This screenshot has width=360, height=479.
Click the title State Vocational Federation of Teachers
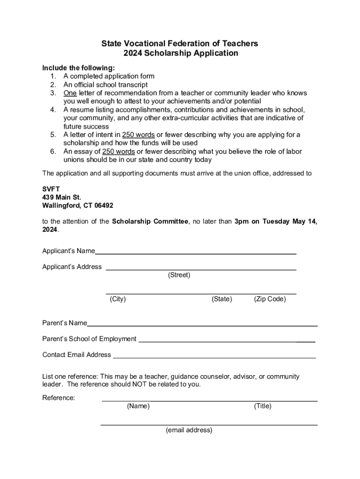click(180, 44)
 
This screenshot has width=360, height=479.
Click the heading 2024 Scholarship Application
click(180, 53)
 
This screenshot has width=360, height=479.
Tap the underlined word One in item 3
click(70, 93)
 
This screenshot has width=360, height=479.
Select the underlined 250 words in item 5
click(139, 135)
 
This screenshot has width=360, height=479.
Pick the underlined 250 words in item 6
click(119, 152)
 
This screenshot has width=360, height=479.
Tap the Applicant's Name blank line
click(195, 253)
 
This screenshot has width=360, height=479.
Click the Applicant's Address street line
click(201, 269)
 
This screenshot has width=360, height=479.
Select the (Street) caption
click(179, 275)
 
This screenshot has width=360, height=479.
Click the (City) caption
click(117, 299)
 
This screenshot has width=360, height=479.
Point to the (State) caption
click(222, 299)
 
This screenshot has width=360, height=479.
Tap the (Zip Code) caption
click(270, 299)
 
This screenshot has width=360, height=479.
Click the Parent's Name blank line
click(202, 324)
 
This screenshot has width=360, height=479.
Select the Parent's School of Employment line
click(226, 341)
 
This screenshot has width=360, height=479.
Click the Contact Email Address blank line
click(214, 356)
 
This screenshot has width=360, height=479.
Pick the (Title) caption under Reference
click(263, 406)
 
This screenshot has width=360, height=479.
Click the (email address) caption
click(189, 430)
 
